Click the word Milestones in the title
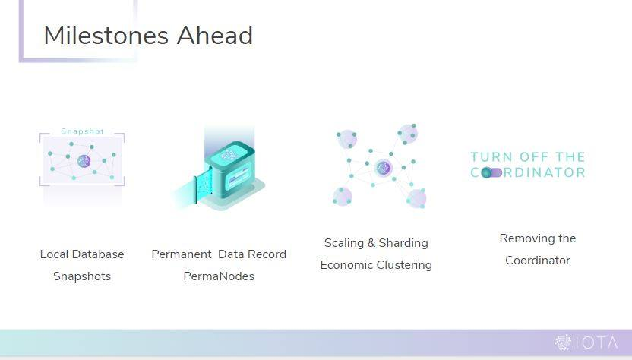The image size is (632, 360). [x=106, y=36]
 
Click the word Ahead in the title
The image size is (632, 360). [x=215, y=36]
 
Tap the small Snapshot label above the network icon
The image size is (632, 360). [x=82, y=131]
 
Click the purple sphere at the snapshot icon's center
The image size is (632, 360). [x=84, y=161]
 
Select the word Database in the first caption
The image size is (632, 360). [x=98, y=254]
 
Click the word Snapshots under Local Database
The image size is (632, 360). [x=82, y=276]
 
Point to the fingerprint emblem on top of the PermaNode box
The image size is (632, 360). [x=230, y=154]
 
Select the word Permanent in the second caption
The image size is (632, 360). [x=182, y=254]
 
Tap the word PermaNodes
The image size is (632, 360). [x=219, y=276]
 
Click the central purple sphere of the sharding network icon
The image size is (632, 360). [x=384, y=168]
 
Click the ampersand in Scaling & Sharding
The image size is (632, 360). [x=371, y=243]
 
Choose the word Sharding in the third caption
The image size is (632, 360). [x=403, y=243]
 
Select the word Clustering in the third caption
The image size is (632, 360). [x=404, y=265]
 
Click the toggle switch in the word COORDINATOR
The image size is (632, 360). [x=491, y=172]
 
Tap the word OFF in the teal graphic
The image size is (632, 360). [x=534, y=156]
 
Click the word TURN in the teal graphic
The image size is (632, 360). [x=491, y=156]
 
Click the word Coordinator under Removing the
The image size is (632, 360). [x=538, y=261]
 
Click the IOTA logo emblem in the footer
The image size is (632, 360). [x=563, y=343]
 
